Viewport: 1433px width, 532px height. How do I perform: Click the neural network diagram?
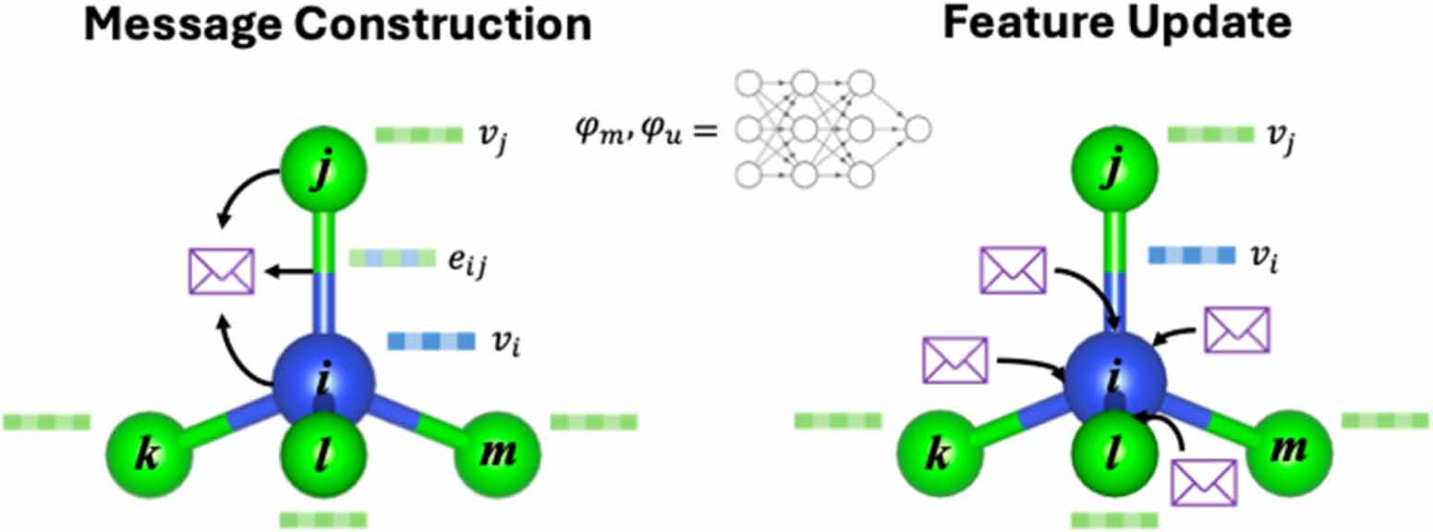832,128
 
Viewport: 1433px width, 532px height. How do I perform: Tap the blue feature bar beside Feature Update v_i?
1190,255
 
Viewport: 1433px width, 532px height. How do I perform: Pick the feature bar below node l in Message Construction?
322,519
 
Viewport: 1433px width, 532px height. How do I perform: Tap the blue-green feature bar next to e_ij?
391,260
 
